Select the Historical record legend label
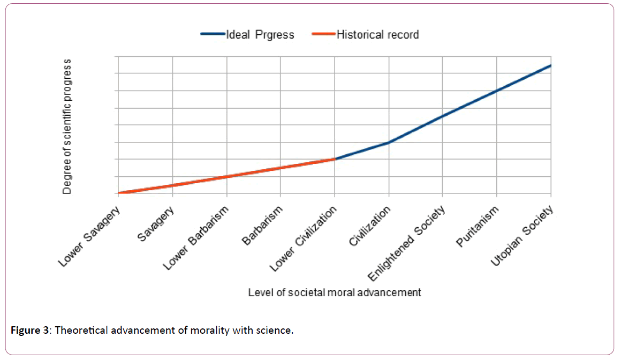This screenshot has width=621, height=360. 377,35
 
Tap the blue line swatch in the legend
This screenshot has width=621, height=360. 212,35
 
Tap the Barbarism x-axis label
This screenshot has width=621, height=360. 262,226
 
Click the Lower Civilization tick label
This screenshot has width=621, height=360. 303,238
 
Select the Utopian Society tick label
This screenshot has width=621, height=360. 520,236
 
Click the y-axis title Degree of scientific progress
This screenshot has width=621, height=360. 67,127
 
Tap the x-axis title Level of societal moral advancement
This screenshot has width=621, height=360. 335,292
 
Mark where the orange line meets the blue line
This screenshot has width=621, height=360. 335,159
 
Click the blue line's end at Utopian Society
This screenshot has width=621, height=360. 551,65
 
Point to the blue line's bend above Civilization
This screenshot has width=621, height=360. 389,142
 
